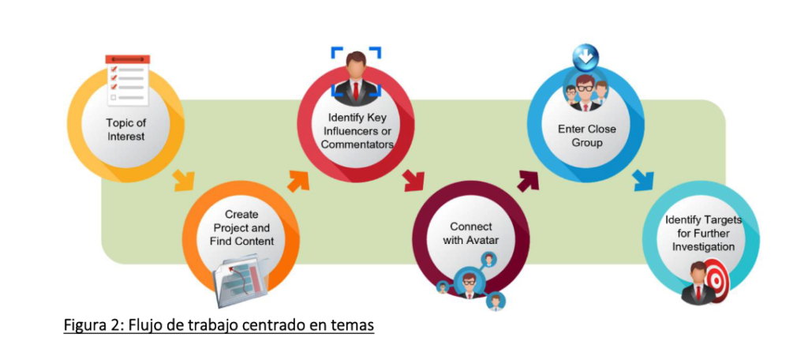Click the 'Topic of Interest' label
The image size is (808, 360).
pos(126,129)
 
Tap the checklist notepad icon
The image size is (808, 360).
pos(127,81)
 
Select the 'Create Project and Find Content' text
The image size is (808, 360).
pos(242,227)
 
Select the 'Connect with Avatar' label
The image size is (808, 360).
pos(471,234)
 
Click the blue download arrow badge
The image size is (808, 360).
pos(585,56)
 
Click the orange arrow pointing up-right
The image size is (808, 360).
pos(298,179)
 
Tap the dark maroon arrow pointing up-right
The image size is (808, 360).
pos(527,179)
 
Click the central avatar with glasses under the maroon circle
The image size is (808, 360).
pos(469,283)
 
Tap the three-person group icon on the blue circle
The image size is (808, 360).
pos(585,91)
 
